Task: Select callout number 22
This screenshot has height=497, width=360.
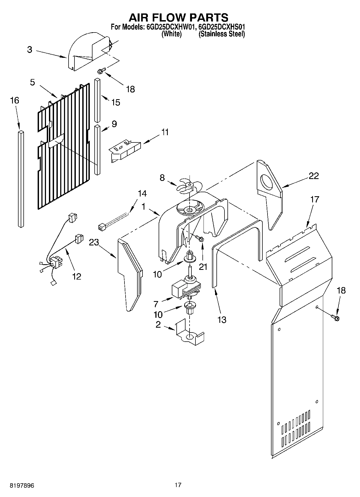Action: point(313,176)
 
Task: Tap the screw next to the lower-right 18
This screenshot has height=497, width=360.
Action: point(335,318)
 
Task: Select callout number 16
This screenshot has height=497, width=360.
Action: point(15,101)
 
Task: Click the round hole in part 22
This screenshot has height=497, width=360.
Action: point(267,183)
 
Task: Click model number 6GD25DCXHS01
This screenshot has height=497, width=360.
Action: point(221,27)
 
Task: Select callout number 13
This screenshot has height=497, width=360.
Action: point(222,320)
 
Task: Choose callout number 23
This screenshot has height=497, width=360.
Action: point(94,242)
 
